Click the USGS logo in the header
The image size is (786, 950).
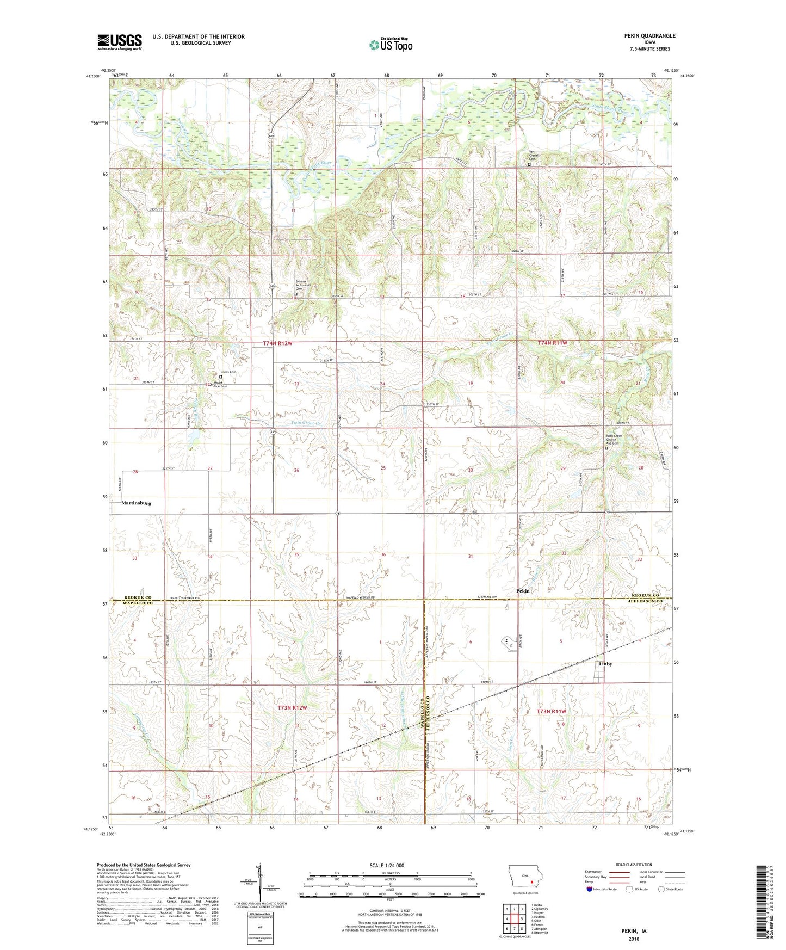(120, 42)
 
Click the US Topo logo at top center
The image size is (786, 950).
(390, 45)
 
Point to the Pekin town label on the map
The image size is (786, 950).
(522, 591)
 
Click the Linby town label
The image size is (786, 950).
(605, 664)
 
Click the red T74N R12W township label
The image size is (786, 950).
(277, 343)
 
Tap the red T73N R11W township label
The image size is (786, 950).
(552, 712)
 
